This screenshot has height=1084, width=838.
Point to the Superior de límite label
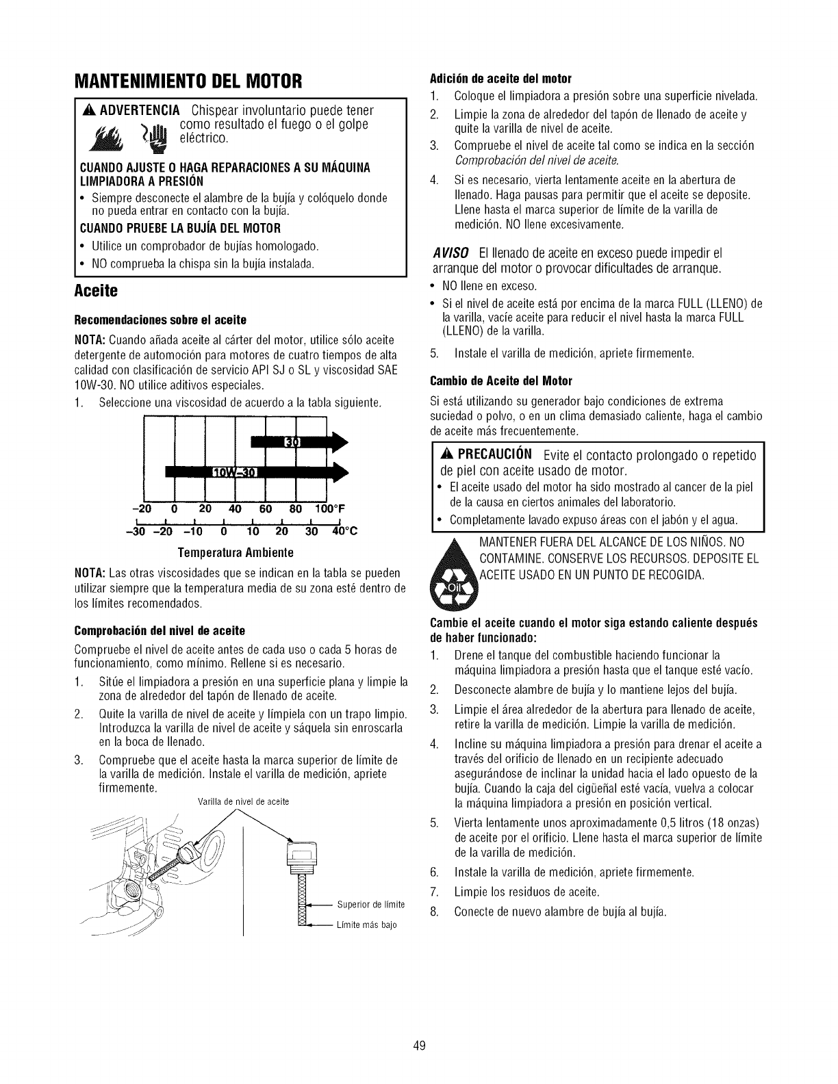370,905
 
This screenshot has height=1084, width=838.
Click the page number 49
419,1045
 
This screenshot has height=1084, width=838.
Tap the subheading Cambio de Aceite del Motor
500,380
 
